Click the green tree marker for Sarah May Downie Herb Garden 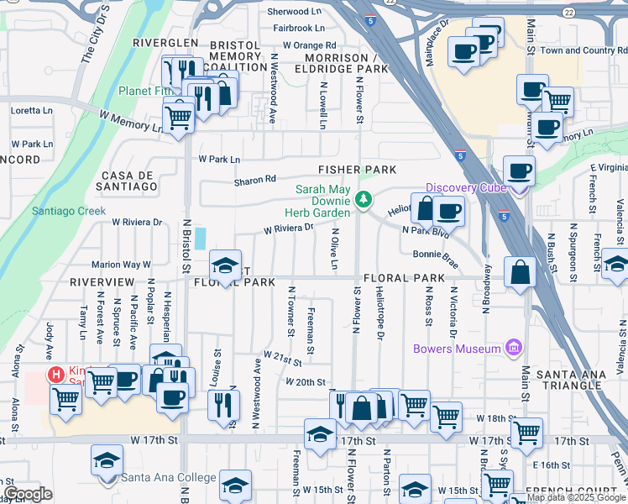point(364,199)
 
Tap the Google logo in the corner point(28,494)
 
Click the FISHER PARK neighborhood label point(357,170)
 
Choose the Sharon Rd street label point(254,179)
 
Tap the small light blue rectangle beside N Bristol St point(200,239)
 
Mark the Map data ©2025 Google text point(576,497)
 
